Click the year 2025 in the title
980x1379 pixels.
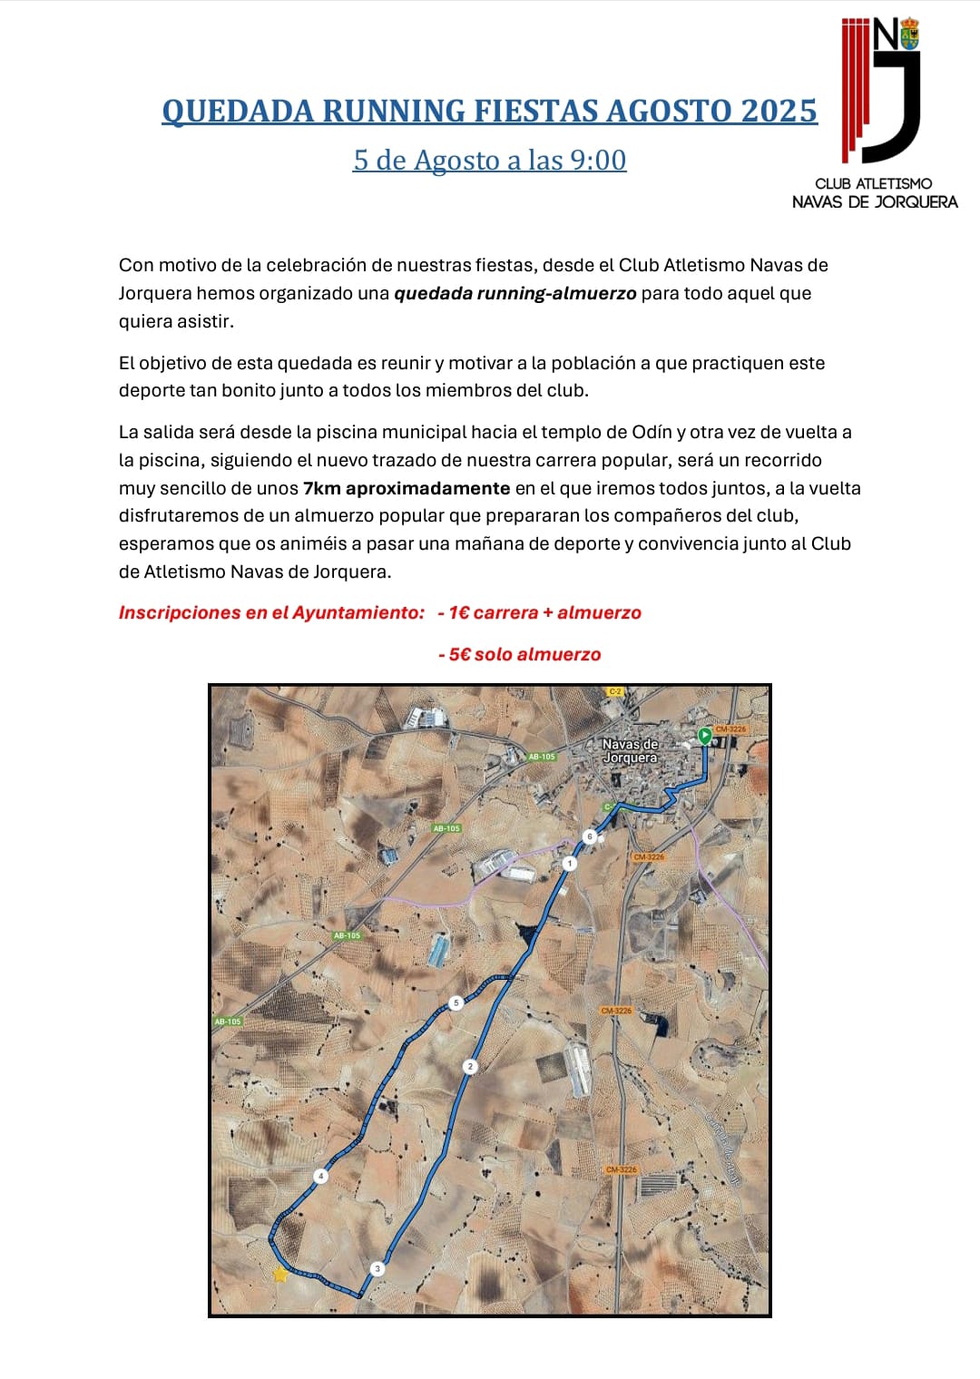[x=779, y=111]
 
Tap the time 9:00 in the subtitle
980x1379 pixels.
[x=598, y=160]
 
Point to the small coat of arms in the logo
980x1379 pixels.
[x=909, y=34]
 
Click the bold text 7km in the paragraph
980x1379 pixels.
[x=322, y=488]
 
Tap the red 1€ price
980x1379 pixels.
[x=458, y=612]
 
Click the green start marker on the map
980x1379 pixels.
[x=705, y=736]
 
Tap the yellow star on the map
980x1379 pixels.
[x=280, y=1274]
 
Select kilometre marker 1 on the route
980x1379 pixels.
[x=569, y=863]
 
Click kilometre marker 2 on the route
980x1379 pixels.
[x=470, y=1066]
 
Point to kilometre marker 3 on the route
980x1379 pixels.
[x=377, y=1268]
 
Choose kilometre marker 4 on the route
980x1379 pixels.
[x=320, y=1176]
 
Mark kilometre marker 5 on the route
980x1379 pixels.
[x=456, y=1002]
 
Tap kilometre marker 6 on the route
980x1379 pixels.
[x=590, y=836]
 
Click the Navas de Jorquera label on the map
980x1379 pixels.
[x=630, y=750]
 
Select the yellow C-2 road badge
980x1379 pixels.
[x=615, y=691]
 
